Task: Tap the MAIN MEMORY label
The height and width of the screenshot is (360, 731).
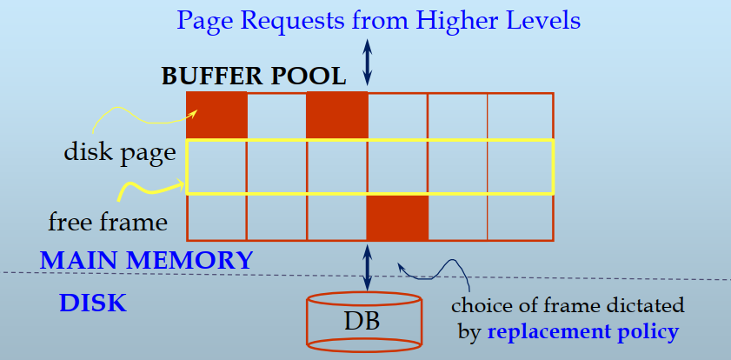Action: pos(147,259)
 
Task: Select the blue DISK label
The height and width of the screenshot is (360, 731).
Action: pos(93,303)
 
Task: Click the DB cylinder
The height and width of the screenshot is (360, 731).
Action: pos(365,321)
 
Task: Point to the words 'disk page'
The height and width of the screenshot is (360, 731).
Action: pos(120,153)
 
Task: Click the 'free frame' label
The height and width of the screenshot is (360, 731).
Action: pos(108,222)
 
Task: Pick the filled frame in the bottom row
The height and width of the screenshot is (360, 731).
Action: pos(397,217)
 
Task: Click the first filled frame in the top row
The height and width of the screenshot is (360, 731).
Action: pos(217,115)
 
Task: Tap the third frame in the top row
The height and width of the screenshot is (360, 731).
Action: pos(337,115)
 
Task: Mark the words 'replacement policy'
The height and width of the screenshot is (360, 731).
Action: pos(582,331)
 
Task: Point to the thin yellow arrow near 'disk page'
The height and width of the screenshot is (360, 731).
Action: pos(139,114)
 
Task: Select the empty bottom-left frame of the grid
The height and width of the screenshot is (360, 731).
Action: pos(217,217)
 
